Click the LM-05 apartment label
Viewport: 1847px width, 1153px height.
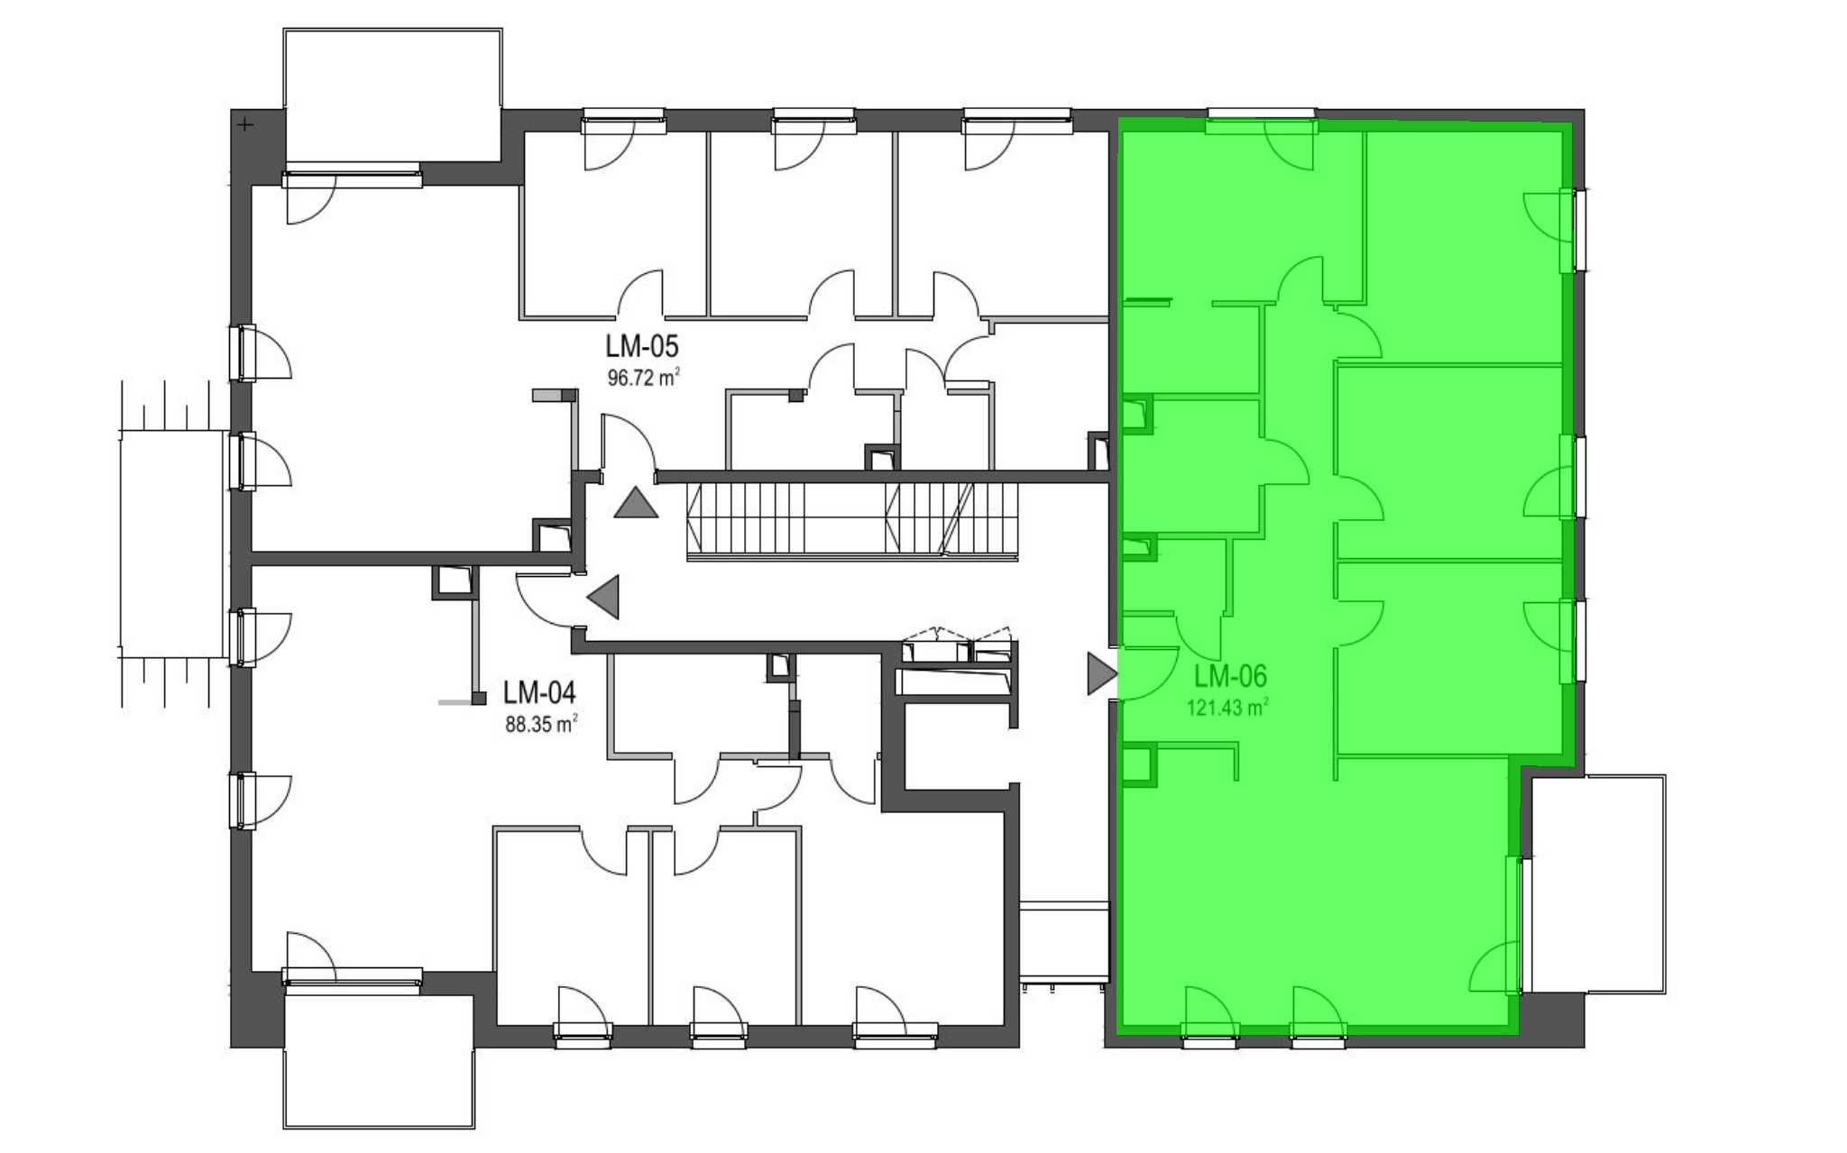642,347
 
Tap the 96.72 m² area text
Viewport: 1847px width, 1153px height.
643,377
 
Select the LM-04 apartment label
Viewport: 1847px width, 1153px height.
539,692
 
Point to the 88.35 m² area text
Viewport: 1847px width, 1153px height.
541,723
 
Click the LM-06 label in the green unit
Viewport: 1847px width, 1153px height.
1231,676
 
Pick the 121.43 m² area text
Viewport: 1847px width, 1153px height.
1227,707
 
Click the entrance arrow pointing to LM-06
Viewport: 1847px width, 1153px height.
1102,673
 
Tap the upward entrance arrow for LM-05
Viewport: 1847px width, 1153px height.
636,502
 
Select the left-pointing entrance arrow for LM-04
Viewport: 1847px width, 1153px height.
603,596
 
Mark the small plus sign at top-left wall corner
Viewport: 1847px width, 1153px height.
244,124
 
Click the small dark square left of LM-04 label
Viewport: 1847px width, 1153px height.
480,698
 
